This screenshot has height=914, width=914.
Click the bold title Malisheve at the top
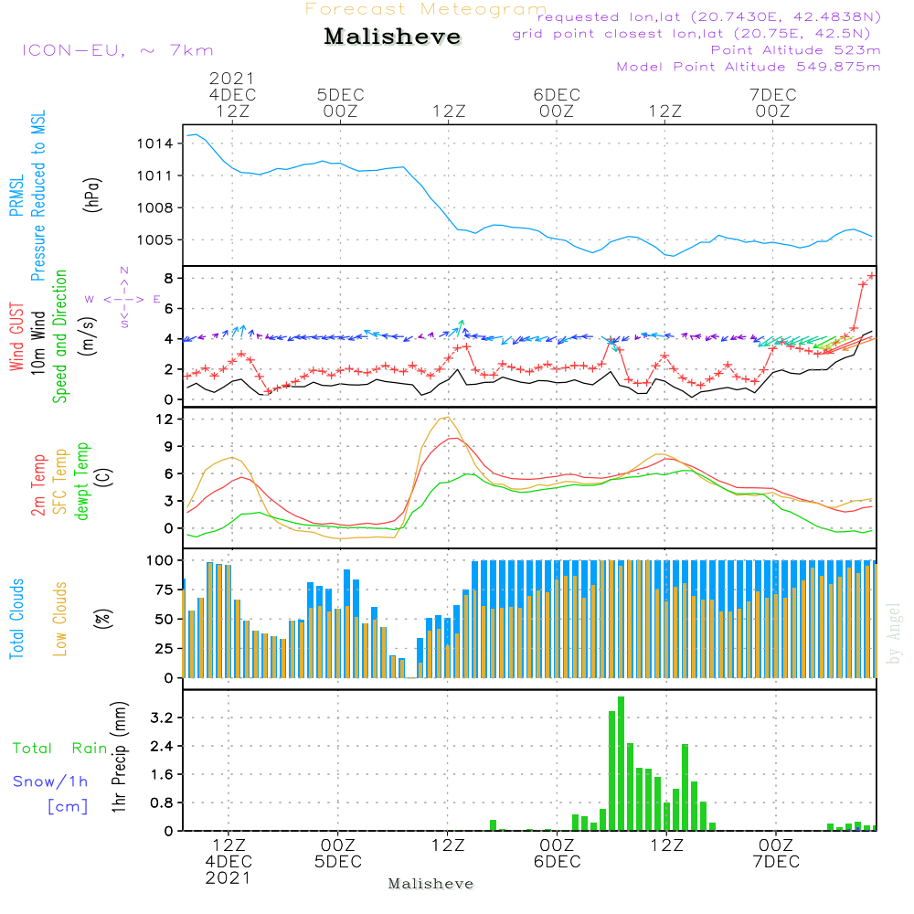pyautogui.click(x=392, y=37)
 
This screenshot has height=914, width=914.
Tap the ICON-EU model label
pyautogui.click(x=117, y=50)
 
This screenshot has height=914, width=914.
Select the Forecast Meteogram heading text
pyautogui.click(x=426, y=9)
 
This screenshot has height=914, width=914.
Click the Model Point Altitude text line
pyautogui.click(x=748, y=67)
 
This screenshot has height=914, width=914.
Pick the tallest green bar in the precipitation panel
pyautogui.click(x=621, y=763)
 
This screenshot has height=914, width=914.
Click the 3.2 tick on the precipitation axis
pyautogui.click(x=161, y=718)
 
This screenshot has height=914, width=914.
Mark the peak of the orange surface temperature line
pyautogui.click(x=446, y=418)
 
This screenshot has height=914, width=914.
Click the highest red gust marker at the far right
pyautogui.click(x=871, y=275)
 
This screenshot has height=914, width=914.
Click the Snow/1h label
pyautogui.click(x=50, y=781)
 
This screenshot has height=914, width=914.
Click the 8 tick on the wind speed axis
pyautogui.click(x=170, y=278)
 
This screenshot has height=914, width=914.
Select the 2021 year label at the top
pyautogui.click(x=232, y=78)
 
